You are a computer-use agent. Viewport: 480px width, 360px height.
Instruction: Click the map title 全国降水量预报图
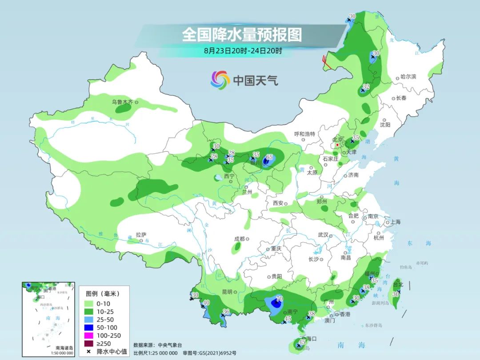[x=241, y=34]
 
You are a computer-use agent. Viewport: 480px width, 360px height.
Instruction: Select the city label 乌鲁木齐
[x=122, y=102]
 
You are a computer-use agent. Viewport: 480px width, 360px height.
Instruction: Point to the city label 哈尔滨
[x=408, y=77]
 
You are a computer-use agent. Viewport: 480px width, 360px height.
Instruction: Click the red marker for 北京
[x=338, y=144]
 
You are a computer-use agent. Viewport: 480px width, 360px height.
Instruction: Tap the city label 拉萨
[x=141, y=234]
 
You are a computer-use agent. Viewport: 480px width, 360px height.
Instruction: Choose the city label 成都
[x=240, y=239]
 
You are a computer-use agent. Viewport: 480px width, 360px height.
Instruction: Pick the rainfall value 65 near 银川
[x=269, y=157]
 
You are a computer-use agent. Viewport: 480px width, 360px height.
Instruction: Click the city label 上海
[x=395, y=222]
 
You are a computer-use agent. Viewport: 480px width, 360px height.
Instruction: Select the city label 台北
[x=398, y=284]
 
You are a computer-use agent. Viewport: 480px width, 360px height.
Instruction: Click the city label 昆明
[x=227, y=292]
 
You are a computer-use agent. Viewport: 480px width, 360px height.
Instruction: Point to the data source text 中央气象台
[x=171, y=345]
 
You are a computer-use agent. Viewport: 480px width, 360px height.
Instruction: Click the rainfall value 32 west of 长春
[x=366, y=86]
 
